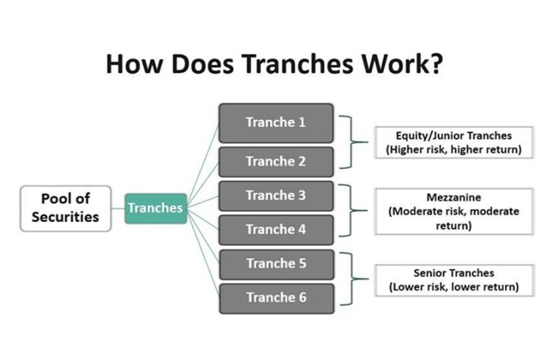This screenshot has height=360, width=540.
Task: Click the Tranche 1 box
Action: tap(276, 123)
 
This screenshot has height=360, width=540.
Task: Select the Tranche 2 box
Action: tap(276, 161)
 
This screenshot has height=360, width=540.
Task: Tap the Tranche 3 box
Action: tap(276, 196)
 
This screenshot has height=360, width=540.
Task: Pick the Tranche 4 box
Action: tap(276, 229)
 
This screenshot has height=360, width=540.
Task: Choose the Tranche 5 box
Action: tap(276, 263)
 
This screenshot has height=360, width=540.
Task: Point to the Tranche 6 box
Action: tap(276, 297)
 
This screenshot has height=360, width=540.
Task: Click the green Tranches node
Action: tap(155, 208)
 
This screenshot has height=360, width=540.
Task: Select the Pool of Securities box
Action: tap(65, 208)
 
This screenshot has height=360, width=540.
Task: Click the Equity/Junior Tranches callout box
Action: tap(453, 142)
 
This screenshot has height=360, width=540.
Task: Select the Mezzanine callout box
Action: tap(453, 211)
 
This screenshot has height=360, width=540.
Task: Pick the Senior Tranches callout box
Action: tap(453, 280)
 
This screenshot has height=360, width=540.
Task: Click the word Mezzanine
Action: tap(453, 197)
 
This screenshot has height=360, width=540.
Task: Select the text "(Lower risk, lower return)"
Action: tap(453, 287)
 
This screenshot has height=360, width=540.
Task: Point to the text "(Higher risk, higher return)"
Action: tap(453, 149)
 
